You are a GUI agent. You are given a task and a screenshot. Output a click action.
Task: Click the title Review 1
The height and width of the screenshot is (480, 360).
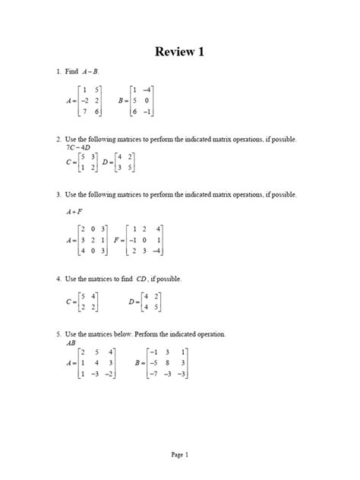coord(180,52)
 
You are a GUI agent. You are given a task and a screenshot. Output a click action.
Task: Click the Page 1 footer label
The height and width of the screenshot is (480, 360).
coord(179,454)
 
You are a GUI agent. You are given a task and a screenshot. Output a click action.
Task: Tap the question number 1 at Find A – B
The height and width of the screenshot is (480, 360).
coord(58,71)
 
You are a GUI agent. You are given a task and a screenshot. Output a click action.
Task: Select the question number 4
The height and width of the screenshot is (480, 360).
coord(58,279)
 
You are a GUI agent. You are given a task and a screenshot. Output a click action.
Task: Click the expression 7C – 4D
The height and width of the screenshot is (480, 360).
coord(80,147)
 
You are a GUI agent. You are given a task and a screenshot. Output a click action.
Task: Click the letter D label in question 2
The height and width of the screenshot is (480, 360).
coord(106,163)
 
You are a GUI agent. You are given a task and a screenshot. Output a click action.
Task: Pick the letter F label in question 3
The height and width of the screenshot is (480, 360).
coord(115,240)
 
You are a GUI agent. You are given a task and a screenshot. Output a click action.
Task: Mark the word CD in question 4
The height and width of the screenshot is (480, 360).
coord(141,279)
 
